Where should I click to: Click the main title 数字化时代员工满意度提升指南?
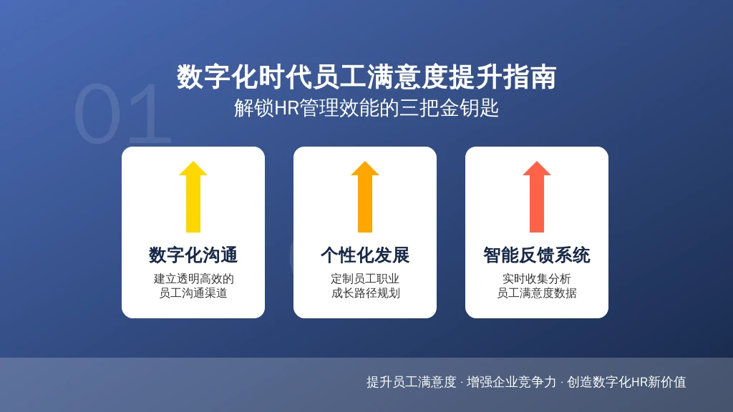pyautogui.click(x=366, y=77)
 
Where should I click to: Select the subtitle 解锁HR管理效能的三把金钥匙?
pyautogui.click(x=366, y=108)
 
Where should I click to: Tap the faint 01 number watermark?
pyautogui.click(x=122, y=114)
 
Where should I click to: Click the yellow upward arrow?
pyautogui.click(x=193, y=197)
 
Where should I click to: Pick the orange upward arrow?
pyautogui.click(x=365, y=197)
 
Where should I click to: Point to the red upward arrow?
pyautogui.click(x=537, y=197)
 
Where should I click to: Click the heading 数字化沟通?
pyautogui.click(x=193, y=255)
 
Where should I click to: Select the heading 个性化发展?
pyautogui.click(x=365, y=255)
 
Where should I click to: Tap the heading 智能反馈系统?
pyautogui.click(x=537, y=255)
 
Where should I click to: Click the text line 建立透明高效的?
pyautogui.click(x=193, y=279)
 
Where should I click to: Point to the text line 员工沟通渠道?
pyautogui.click(x=193, y=293)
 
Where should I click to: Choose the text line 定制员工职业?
pyautogui.click(x=365, y=279)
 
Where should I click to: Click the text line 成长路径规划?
pyautogui.click(x=365, y=293)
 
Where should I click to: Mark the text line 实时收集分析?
pyautogui.click(x=537, y=279)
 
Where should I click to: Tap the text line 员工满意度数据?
pyautogui.click(x=537, y=293)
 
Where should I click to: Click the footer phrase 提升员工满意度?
pyautogui.click(x=412, y=382)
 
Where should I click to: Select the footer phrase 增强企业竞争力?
pyautogui.click(x=511, y=382)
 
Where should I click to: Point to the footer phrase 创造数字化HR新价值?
pyautogui.click(x=626, y=382)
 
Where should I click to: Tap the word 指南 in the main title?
pyautogui.click(x=530, y=77)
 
